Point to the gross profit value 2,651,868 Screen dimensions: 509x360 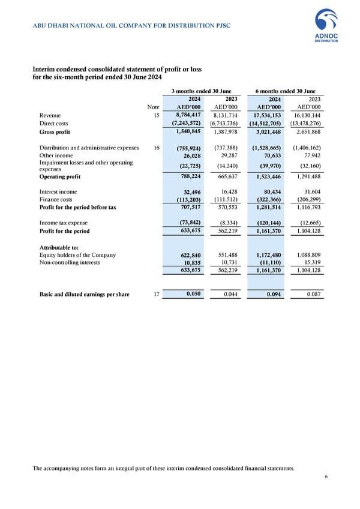pos(307,131)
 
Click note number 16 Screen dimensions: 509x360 pos(155,148)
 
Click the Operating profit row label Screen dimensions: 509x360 pos(59,177)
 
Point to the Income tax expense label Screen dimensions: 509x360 pos(64,223)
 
